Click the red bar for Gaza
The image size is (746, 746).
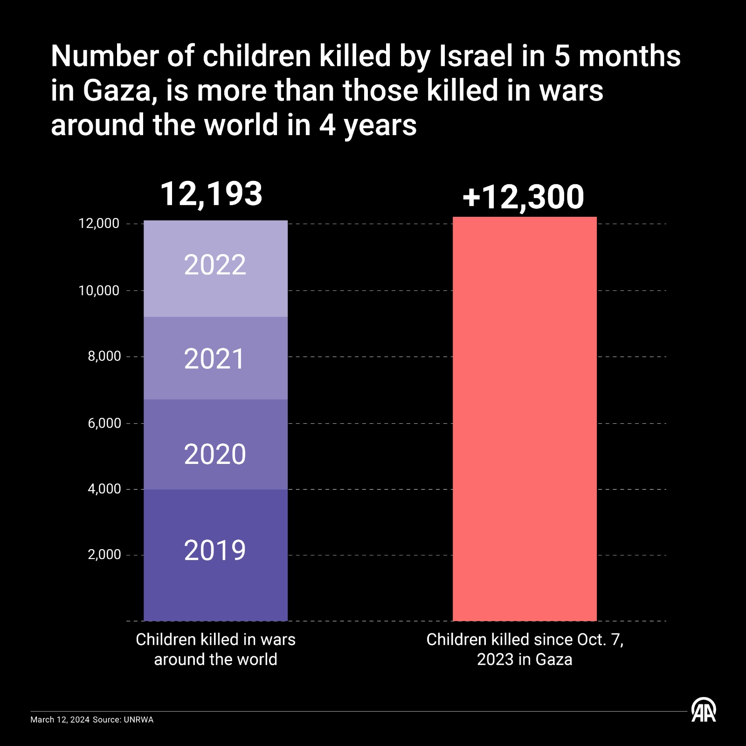pos(525,420)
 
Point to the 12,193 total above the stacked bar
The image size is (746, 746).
pos(211,193)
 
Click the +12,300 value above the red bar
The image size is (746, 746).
pos(523,197)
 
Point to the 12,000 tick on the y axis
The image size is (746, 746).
pos(99,224)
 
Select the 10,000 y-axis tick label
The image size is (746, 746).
pos(99,290)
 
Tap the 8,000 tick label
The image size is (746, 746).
pos(104,356)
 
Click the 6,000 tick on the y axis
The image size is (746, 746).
pos(104,423)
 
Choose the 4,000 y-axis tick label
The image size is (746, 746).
pos(104,489)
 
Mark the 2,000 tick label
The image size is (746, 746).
pos(104,555)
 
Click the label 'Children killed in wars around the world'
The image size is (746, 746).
pos(215,649)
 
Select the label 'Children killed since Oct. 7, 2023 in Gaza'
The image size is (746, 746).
pos(525,649)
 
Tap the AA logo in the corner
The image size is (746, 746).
pos(703,710)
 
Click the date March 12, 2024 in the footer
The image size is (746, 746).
pos(60,720)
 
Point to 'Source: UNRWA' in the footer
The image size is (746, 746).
pos(123,720)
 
